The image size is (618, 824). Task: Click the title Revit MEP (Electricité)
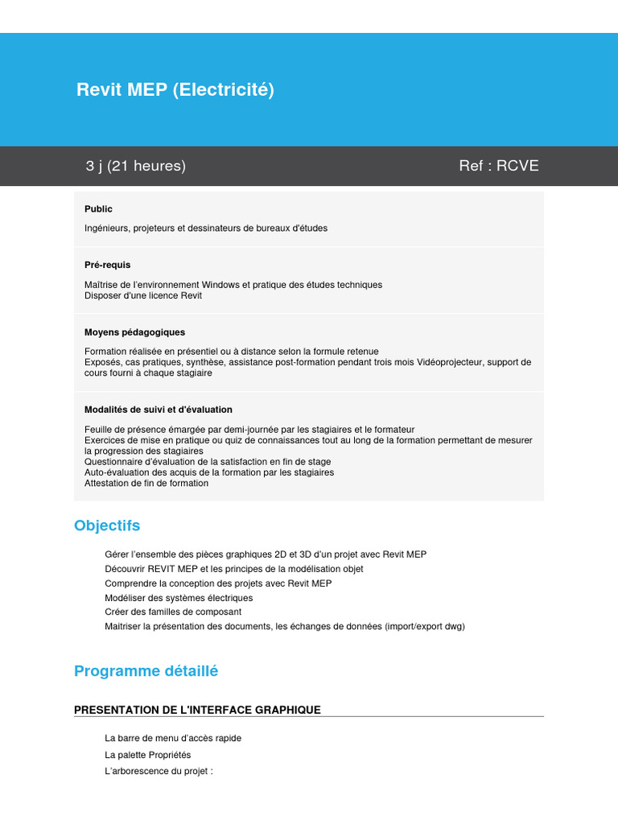(x=175, y=90)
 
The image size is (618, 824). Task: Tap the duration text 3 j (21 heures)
(x=136, y=166)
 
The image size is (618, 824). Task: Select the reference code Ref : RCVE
(x=498, y=166)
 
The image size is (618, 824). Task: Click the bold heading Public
(x=98, y=209)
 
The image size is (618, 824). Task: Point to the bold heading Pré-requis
(x=107, y=265)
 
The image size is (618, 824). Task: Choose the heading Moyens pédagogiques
(x=134, y=332)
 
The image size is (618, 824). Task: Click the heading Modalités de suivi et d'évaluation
(x=159, y=410)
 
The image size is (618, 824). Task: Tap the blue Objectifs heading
(x=107, y=525)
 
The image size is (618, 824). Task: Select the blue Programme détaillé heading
(x=146, y=671)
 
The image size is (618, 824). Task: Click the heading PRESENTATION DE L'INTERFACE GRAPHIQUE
(x=197, y=710)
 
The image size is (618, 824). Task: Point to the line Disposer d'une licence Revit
(x=143, y=295)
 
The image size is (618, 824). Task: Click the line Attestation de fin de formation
(x=146, y=484)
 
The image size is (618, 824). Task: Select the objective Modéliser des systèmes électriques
(x=179, y=598)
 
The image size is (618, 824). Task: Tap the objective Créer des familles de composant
(x=173, y=612)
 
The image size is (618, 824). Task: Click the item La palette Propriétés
(x=148, y=756)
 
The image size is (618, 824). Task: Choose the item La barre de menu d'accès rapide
(x=173, y=738)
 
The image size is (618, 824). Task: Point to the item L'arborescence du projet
(x=158, y=772)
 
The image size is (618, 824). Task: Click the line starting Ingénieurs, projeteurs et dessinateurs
(x=206, y=229)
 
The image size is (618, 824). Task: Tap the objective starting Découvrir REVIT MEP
(x=234, y=569)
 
